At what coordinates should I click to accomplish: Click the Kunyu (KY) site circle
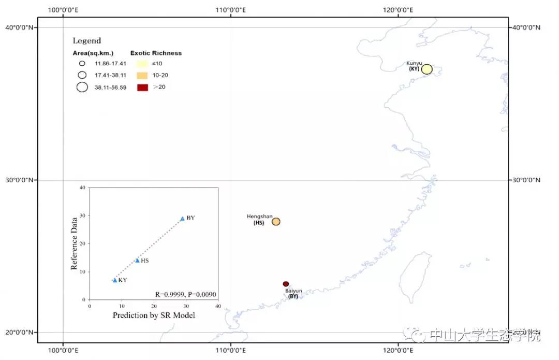click(426, 69)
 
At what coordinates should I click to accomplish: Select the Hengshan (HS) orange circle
click(276, 222)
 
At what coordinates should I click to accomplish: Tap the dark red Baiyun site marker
click(286, 284)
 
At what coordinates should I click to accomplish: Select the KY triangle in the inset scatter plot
click(115, 280)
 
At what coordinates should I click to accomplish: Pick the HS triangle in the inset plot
click(137, 261)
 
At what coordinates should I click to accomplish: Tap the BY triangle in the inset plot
click(182, 219)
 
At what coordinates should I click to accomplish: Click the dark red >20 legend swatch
click(142, 87)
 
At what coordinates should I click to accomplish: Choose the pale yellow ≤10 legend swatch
click(142, 64)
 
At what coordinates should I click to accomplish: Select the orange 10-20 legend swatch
click(142, 76)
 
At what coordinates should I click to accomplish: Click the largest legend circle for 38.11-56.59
click(82, 87)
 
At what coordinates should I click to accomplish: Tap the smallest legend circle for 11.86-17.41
click(82, 64)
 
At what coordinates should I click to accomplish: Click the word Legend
click(86, 40)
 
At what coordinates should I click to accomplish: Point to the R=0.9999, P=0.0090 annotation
click(185, 295)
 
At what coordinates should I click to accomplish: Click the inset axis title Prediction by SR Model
click(154, 315)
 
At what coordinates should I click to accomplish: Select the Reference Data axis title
click(75, 243)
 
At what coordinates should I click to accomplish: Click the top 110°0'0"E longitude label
click(230, 9)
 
